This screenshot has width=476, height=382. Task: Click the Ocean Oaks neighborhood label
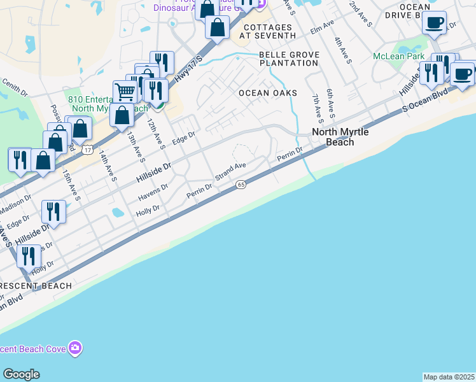[x=268, y=93]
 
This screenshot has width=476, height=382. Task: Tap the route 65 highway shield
[x=241, y=184]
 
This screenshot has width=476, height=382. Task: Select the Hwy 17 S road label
[x=186, y=68]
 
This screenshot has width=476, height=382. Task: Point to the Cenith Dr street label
[x=15, y=85]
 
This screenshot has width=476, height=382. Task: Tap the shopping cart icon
[x=124, y=92]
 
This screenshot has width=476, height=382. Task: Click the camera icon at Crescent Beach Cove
[x=76, y=348]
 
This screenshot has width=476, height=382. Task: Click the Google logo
[x=21, y=374]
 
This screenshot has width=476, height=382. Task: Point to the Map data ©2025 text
[x=449, y=377]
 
